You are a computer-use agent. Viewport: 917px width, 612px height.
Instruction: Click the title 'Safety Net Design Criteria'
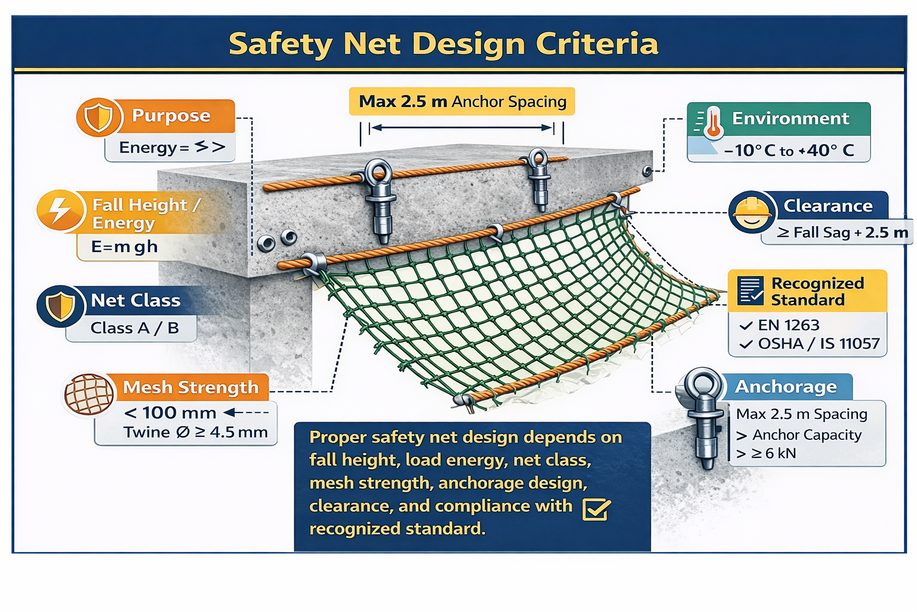(x=444, y=44)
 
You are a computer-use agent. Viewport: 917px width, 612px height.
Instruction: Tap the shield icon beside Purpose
(x=99, y=117)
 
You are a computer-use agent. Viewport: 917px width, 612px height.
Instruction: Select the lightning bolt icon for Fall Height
(x=60, y=210)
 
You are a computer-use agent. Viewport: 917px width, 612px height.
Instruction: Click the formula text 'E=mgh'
(x=124, y=247)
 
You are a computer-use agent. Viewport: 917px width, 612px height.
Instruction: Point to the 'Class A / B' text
(x=135, y=328)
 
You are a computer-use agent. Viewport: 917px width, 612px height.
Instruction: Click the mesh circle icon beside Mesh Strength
(x=89, y=394)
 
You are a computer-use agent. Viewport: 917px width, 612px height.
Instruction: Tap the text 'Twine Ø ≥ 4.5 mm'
(x=196, y=432)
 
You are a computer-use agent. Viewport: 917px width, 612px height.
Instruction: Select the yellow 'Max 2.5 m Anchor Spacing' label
(x=461, y=101)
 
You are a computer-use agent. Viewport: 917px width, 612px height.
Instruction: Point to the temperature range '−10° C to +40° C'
(x=789, y=151)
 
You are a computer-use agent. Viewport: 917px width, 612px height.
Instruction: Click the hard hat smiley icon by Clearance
(x=752, y=212)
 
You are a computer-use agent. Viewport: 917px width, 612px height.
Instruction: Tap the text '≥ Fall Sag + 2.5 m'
(x=842, y=233)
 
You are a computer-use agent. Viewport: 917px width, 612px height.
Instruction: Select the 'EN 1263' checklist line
(x=780, y=325)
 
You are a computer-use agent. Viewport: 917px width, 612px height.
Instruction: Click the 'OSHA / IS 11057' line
(x=810, y=344)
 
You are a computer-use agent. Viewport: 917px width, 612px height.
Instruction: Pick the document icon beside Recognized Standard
(x=750, y=290)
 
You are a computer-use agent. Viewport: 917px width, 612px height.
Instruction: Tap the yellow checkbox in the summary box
(x=596, y=509)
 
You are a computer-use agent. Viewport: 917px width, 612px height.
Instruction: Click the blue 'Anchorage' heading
(x=786, y=387)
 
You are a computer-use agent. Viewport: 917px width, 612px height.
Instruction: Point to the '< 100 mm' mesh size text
(x=170, y=412)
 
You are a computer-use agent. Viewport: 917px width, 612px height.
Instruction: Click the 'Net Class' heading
(x=136, y=301)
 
